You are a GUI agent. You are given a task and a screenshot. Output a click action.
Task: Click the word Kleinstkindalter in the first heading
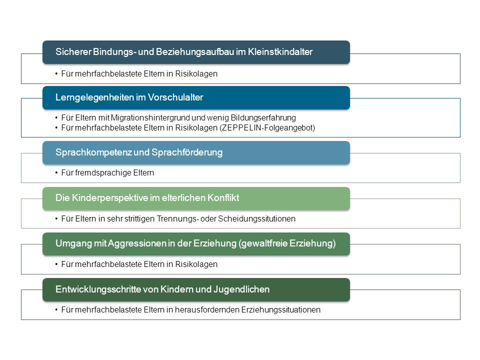coord(280,51)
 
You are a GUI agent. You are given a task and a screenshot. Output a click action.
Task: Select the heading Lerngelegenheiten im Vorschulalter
coord(129,97)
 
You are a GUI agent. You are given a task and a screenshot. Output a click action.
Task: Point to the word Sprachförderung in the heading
coord(187,152)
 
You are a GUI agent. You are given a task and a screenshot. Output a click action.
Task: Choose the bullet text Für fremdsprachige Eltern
coord(107,173)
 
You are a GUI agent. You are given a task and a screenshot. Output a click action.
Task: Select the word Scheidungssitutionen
coord(256,219)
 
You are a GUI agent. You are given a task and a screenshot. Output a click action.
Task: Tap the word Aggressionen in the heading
coord(137,243)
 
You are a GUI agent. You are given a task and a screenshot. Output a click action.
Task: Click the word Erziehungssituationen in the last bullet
coord(280,310)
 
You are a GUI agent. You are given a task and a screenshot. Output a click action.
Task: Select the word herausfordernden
coord(206,310)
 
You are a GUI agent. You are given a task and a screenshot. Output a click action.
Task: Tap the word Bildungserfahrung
coord(263,118)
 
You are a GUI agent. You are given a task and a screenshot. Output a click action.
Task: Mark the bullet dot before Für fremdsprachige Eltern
coord(56,173)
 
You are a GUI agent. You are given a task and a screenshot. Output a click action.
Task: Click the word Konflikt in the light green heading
coord(223,198)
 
